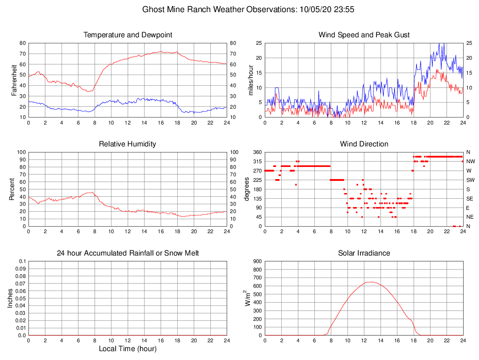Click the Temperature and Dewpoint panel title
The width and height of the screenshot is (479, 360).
point(128,35)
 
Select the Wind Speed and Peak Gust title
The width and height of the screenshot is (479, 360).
point(364,35)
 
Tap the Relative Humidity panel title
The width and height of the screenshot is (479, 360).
point(127,144)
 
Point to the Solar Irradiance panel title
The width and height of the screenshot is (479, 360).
point(364,253)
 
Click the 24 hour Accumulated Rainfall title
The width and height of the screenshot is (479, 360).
point(128,253)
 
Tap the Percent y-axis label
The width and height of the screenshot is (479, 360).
point(12,189)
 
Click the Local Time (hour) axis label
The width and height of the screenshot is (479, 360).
point(127,349)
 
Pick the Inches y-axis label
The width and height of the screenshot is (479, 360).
point(11,298)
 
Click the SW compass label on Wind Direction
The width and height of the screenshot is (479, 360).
point(470,180)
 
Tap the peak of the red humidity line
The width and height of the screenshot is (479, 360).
point(92,192)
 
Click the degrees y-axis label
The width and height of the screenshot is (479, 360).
point(247,189)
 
